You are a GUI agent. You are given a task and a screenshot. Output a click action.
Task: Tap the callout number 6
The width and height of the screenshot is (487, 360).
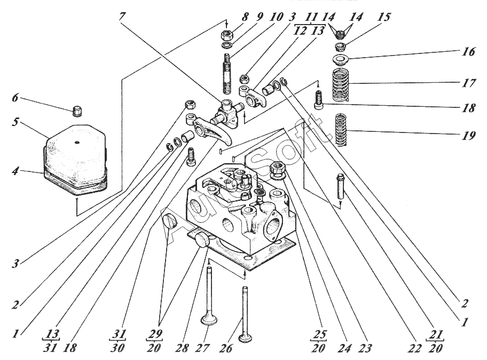point(15,98)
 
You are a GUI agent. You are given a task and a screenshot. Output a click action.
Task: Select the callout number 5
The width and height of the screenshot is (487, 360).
point(16,122)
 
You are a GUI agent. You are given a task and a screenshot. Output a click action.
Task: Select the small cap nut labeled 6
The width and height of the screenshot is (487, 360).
point(77,111)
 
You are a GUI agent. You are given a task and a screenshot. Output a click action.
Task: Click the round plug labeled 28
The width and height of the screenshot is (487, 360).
point(203,239)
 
